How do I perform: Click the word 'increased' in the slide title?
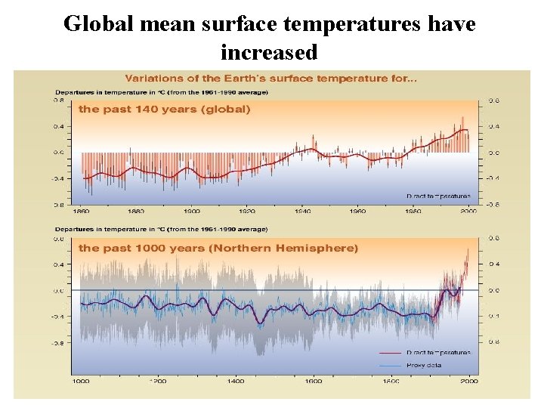coord(269,52)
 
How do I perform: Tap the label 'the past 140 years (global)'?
coord(165,109)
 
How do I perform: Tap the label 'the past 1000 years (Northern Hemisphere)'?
coord(219,248)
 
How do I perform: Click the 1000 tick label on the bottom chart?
coord(80,382)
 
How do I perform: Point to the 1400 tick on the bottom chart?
coord(236,382)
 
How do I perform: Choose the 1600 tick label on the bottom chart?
coord(314,382)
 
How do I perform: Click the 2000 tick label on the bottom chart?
coord(469,382)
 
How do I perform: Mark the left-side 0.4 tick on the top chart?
coord(58,126)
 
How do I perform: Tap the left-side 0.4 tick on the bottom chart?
coord(58,264)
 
